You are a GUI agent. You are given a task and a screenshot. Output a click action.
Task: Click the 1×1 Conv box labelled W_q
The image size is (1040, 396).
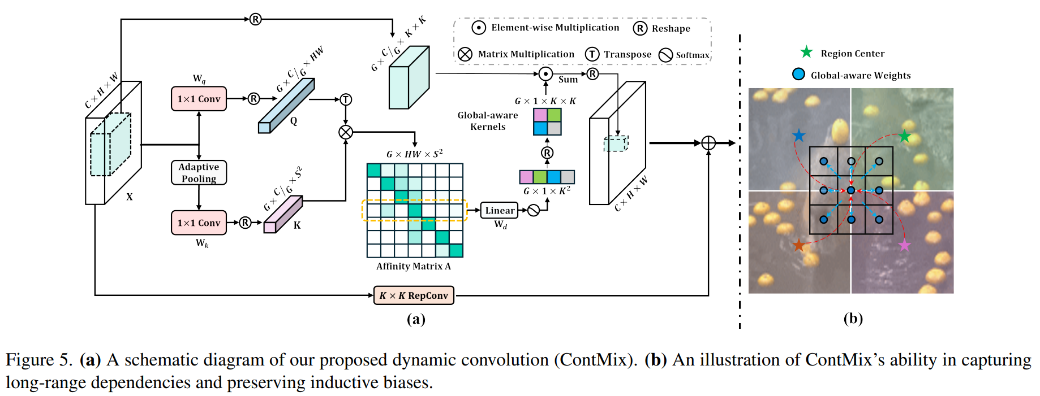(199, 99)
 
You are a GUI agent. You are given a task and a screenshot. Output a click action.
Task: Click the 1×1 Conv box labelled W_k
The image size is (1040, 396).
(199, 223)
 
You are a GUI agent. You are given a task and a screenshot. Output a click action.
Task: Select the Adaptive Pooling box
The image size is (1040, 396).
(199, 173)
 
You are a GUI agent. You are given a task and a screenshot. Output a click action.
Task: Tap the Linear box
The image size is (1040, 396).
(500, 211)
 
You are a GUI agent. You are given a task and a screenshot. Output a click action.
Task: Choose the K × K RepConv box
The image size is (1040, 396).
(414, 295)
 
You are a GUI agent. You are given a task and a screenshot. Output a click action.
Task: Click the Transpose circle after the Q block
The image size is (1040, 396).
(346, 100)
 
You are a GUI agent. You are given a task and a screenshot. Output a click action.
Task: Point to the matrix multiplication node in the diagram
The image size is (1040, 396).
(346, 132)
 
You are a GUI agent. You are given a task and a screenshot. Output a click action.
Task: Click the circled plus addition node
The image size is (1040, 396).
(708, 143)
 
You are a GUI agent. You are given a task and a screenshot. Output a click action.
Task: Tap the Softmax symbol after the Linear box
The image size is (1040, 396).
(533, 211)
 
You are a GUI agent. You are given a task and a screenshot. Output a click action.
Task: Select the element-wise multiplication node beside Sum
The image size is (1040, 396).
(545, 74)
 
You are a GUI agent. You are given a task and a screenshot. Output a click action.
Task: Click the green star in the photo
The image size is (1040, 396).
(904, 136)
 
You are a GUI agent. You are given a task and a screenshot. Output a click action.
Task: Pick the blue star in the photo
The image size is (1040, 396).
(799, 136)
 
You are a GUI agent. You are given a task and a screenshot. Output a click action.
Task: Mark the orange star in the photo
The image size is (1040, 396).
(798, 245)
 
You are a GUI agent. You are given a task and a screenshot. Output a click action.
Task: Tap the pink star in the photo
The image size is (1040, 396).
(904, 245)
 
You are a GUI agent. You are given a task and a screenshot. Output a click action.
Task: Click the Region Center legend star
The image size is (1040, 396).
(806, 53)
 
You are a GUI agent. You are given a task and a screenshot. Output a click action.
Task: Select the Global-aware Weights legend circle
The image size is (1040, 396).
(798, 74)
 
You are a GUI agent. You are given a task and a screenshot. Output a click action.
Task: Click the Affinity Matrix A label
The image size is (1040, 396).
(414, 266)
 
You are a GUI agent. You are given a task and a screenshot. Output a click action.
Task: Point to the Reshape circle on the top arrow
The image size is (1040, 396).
(256, 19)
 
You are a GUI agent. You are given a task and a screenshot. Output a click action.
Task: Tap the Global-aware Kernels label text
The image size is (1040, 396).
(488, 121)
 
